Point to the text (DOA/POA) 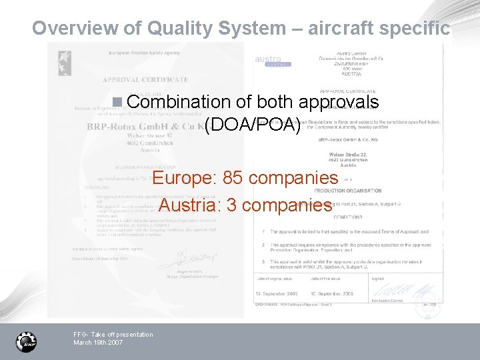point(253,125)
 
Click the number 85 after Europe point(232,178)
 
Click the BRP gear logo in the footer point(27,341)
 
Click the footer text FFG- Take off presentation point(113,334)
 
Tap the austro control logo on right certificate point(272,61)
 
